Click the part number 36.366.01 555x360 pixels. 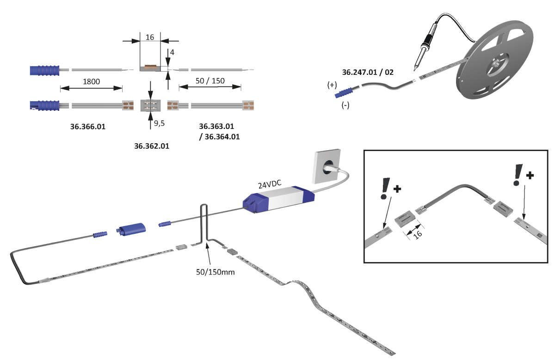88,126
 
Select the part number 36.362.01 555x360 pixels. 152,146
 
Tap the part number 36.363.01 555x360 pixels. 216,126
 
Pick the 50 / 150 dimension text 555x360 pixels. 210,81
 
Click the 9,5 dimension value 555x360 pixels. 160,124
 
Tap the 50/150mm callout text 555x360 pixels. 216,272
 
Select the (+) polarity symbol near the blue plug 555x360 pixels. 332,85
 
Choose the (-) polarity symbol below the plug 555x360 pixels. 345,105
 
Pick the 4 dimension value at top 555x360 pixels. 172,53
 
